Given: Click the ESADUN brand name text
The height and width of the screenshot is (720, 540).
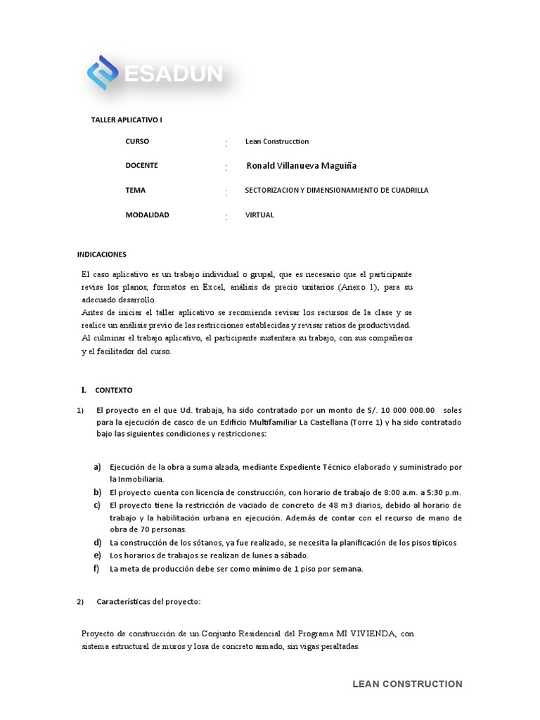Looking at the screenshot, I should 173,74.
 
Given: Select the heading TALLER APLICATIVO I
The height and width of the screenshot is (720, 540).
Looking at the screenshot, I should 127,120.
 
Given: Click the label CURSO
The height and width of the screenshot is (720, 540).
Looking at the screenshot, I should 138,141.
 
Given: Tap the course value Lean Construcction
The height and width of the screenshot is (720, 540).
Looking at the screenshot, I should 277,141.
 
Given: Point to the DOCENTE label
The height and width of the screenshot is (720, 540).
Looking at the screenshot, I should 141,165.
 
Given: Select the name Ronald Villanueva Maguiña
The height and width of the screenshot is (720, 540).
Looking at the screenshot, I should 302,165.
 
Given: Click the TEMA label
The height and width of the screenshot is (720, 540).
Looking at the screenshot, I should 136,190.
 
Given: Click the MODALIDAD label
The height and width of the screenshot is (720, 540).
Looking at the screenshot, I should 147,214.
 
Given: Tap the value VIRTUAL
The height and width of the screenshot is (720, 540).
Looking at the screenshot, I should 259,214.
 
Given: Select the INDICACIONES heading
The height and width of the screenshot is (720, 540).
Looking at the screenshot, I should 101,254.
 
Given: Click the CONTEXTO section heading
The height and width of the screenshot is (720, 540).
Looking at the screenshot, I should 113,390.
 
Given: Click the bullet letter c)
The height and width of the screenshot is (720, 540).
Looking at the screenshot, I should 97,506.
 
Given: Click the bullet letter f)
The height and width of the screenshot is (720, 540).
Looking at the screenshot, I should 97,568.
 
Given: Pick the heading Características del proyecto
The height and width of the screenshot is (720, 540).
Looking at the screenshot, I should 148,602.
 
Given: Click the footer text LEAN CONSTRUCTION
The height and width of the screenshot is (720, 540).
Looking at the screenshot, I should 407,683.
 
